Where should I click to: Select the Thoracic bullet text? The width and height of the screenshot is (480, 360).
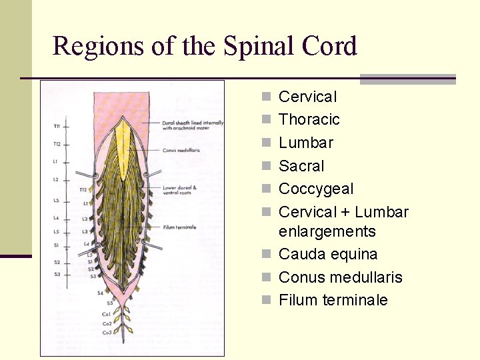tap(309, 119)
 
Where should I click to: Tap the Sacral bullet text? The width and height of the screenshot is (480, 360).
tap(301, 166)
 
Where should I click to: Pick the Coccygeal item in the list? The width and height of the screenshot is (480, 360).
tap(315, 189)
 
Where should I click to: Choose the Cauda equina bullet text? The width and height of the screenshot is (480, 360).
tap(327, 254)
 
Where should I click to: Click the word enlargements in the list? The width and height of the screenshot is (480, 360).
tap(327, 231)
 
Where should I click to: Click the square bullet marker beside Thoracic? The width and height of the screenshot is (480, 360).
tap(266, 120)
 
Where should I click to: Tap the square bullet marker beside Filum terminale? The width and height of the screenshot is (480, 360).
tap(266, 301)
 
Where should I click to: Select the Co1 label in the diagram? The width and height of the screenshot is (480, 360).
tap(107, 313)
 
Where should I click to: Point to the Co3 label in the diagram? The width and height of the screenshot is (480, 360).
tap(107, 331)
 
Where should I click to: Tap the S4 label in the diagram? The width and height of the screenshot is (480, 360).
tap(100, 292)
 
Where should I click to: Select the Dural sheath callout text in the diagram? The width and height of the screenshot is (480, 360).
tap(192, 125)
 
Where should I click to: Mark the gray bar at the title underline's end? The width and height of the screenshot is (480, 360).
tap(407, 79)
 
